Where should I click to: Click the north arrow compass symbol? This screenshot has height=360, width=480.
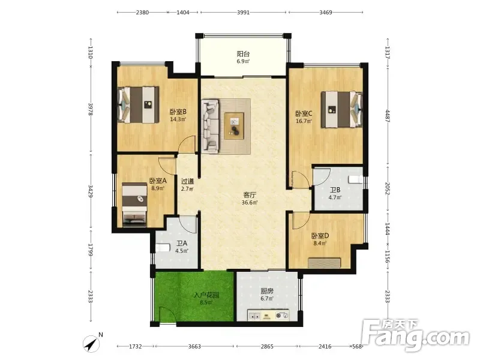point(92,343)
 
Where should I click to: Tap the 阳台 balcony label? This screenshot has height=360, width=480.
point(243,54)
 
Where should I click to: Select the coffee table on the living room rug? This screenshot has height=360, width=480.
point(234,126)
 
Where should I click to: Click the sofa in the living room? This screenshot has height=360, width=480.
point(211,125)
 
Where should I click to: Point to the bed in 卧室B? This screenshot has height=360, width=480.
point(139,104)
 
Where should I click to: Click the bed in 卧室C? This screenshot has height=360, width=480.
point(341,110)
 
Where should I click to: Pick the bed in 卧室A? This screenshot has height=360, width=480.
point(134,205)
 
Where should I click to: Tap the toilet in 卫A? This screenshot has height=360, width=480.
point(163,247)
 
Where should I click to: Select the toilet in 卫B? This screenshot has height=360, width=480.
point(356,179)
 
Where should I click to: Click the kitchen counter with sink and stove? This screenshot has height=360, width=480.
point(268,316)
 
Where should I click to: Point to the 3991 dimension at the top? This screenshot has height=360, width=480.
point(243,13)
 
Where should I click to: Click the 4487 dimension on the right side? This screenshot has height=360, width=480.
point(387,116)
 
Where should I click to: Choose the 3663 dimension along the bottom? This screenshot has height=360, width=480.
point(194,347)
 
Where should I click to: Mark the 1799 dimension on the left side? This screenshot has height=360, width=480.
point(91,250)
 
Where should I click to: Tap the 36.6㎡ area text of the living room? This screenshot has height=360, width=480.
point(250,202)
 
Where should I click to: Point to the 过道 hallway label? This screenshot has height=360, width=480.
point(187,181)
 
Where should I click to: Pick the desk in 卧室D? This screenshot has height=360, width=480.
point(324,263)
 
